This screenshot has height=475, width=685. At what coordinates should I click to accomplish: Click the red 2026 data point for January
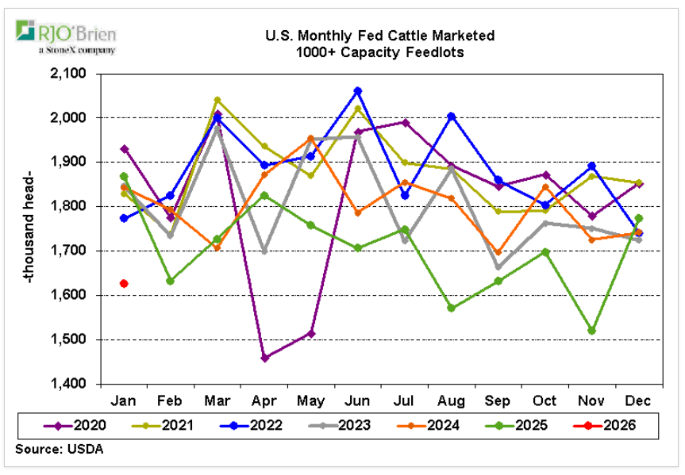click(125, 283)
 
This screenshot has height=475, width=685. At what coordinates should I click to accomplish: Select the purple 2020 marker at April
click(264, 358)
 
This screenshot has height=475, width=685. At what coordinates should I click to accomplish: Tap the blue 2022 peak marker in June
click(358, 91)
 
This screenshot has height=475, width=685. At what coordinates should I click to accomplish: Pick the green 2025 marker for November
click(592, 331)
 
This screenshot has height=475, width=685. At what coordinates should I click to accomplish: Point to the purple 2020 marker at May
click(311, 333)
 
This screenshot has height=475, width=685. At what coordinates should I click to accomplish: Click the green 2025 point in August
click(452, 308)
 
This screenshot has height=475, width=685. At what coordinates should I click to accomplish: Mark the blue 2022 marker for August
click(452, 116)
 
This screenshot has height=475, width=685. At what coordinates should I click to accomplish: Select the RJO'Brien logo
click(67, 37)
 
